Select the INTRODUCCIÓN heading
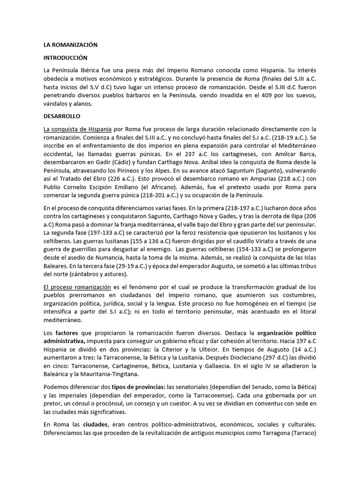66,58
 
